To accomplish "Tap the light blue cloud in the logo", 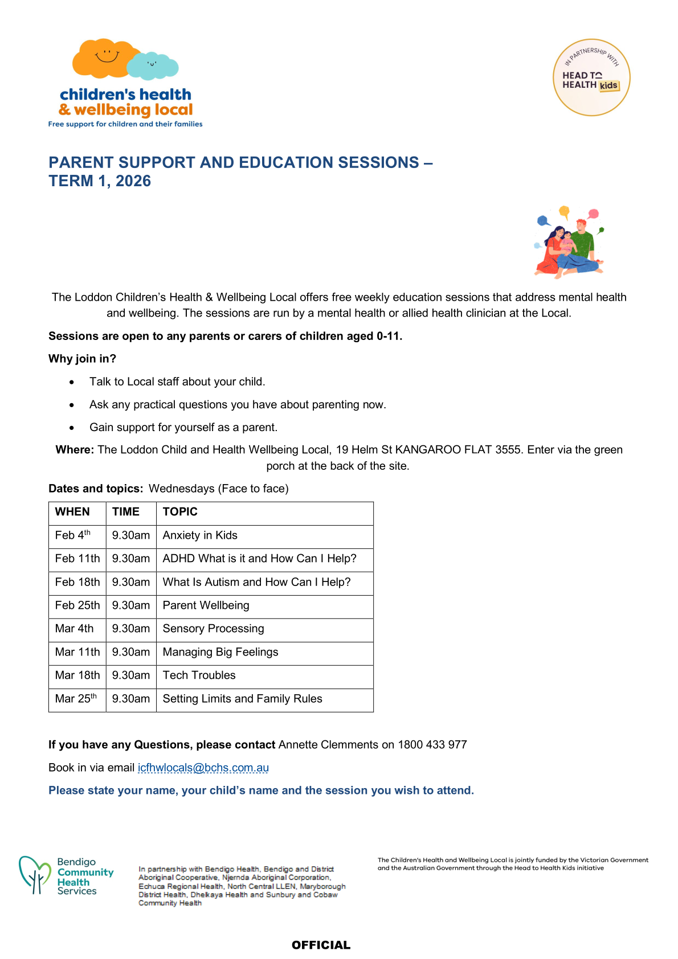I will pyautogui.click(x=152, y=65).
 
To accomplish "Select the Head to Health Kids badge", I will pyautogui.click(x=591, y=77).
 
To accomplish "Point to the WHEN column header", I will pyautogui.click(x=72, y=512).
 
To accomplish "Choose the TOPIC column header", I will pyautogui.click(x=180, y=512).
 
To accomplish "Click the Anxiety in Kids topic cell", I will pyautogui.click(x=200, y=535).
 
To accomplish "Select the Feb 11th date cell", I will pyautogui.click(x=77, y=559).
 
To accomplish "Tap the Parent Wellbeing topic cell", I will pyautogui.click(x=206, y=605).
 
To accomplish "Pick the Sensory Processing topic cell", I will pyautogui.click(x=213, y=629).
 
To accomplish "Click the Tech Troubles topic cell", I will pyautogui.click(x=199, y=675).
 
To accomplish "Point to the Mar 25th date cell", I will pyautogui.click(x=76, y=699).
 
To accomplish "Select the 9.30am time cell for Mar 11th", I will pyautogui.click(x=131, y=652).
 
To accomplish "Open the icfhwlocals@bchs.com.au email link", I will pyautogui.click(x=203, y=768).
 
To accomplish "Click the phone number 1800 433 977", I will pyautogui.click(x=432, y=745).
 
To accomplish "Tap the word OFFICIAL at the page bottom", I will pyautogui.click(x=321, y=945).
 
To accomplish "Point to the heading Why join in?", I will pyautogui.click(x=82, y=359).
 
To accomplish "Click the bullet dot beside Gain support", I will pyautogui.click(x=72, y=428).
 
